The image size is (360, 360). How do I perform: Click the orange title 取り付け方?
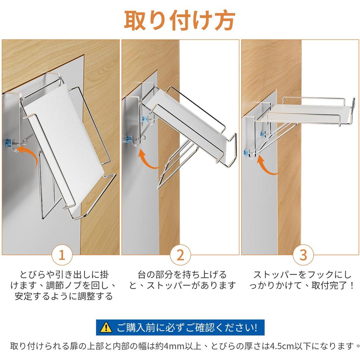click(x=180, y=21)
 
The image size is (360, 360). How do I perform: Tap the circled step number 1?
click(x=62, y=255)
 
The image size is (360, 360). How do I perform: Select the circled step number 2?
click(x=180, y=255)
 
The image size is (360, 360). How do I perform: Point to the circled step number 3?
click(x=303, y=255)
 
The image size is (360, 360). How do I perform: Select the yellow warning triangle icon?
click(x=106, y=327)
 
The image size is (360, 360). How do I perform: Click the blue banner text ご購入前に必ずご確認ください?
click(x=187, y=327)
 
